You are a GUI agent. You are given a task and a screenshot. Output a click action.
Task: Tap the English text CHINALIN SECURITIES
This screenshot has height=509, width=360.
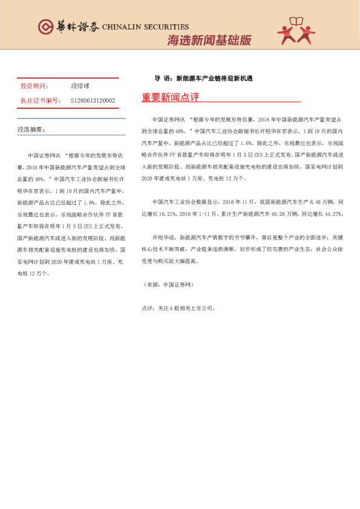point(145,27)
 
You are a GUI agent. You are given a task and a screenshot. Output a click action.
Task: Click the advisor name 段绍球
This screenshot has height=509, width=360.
point(80,86)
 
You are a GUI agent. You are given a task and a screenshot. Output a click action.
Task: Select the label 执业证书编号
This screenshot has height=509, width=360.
point(38,100)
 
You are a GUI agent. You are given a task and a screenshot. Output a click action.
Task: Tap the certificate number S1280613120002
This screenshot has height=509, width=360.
point(93,100)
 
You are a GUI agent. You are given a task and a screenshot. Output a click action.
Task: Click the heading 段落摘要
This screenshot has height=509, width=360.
point(31,129)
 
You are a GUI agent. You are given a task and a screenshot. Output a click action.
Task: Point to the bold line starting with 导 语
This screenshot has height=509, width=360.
point(203,79)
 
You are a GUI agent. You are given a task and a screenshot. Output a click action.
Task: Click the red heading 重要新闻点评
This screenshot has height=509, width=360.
point(170,98)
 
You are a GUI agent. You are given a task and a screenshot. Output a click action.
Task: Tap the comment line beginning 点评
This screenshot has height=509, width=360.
point(178,308)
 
